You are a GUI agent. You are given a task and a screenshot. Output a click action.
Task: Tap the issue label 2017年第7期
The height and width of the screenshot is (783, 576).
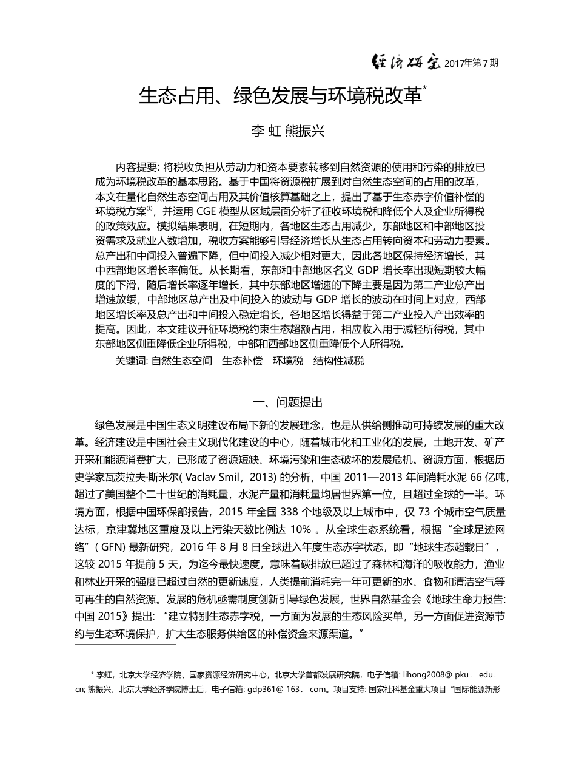471,63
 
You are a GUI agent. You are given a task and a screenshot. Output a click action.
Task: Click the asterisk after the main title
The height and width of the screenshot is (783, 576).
424,89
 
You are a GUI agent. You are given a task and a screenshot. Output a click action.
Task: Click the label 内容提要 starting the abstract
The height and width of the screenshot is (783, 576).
136,167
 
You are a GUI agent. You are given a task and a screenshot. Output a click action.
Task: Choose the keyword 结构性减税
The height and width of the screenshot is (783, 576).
338,361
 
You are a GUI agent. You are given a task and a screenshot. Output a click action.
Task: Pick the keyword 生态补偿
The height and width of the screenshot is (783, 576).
243,361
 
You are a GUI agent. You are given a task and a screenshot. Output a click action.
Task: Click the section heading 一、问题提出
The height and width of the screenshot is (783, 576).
287,402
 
